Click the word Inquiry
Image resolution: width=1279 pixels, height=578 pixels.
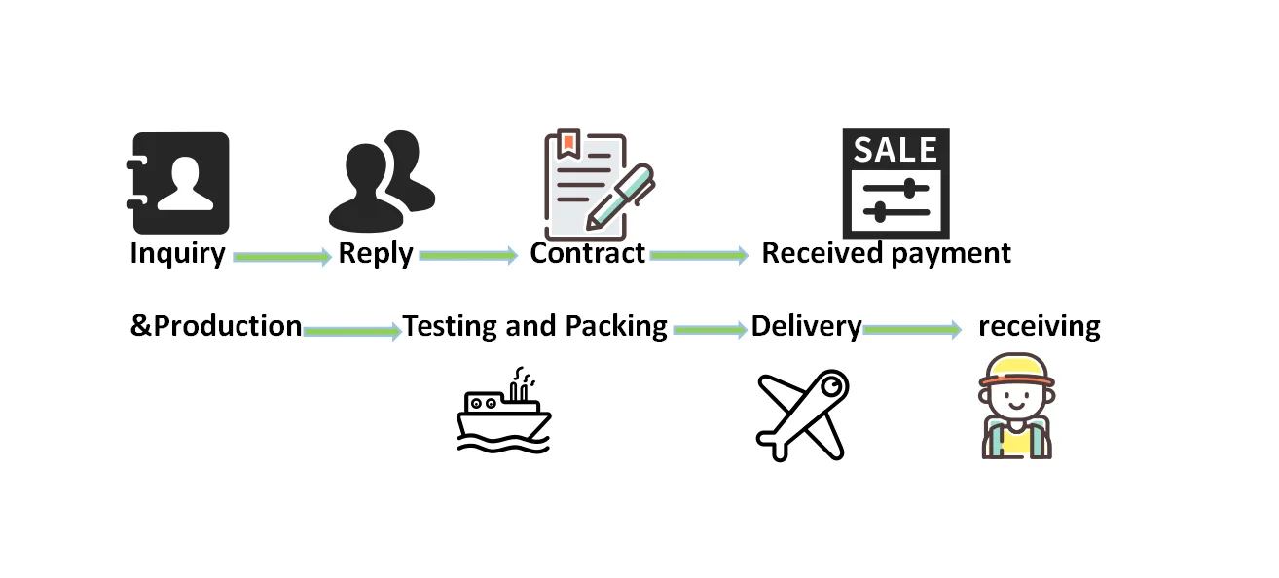[x=177, y=254]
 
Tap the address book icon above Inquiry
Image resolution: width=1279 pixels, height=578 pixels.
[x=180, y=182]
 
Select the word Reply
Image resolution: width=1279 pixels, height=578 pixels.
[x=376, y=254]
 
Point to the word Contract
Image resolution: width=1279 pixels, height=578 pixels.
[x=587, y=253]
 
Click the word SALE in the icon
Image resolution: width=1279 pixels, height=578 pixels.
[x=895, y=150]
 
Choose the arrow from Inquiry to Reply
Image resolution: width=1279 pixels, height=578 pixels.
[x=281, y=257]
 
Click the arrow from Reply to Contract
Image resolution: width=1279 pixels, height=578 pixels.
[x=467, y=256]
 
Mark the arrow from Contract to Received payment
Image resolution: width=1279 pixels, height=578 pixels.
[x=698, y=255]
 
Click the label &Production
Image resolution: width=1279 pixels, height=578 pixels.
[x=216, y=326]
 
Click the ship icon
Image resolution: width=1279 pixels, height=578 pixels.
[x=503, y=413]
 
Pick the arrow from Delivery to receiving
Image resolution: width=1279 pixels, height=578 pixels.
[x=912, y=330]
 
